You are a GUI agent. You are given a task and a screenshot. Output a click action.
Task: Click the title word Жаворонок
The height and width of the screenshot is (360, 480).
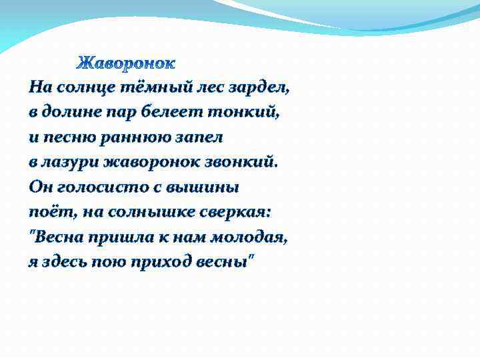coord(126,64)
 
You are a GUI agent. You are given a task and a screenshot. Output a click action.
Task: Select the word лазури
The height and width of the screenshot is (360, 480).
coord(69,162)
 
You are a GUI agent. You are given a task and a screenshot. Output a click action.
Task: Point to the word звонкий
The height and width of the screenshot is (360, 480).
coord(245,162)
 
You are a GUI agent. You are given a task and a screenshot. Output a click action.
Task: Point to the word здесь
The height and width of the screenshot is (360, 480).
coord(65,261)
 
